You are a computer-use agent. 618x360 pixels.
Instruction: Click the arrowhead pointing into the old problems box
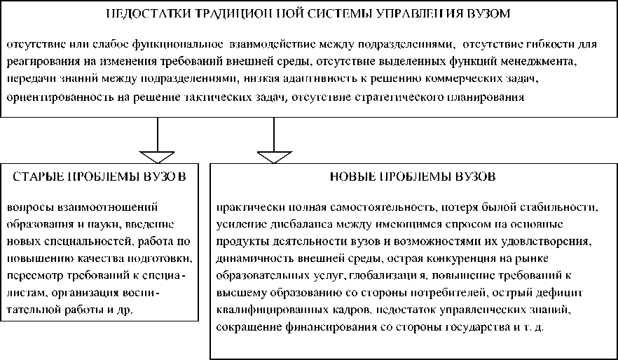(157, 153)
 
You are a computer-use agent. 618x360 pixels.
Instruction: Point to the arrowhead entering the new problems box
(273, 153)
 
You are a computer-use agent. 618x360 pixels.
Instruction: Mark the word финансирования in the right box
(329, 326)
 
